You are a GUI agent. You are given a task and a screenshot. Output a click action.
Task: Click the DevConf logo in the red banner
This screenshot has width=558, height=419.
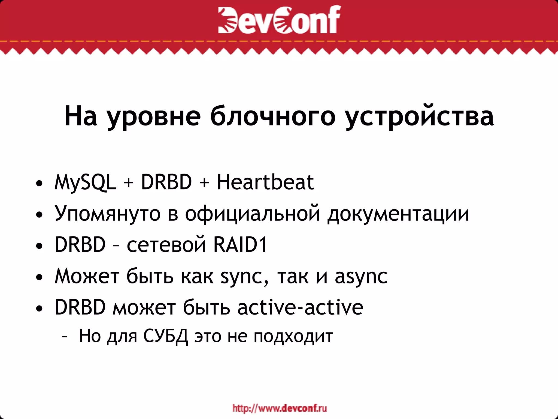pos(279,20)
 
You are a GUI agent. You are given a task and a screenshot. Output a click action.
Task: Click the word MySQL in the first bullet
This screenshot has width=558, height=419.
pos(85,182)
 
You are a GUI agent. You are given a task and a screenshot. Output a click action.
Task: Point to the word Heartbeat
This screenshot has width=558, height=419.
pos(265,182)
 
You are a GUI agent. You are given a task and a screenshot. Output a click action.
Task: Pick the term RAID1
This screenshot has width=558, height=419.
pos(240,244)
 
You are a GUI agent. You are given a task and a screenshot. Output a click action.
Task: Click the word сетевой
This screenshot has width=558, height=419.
pos(166,244)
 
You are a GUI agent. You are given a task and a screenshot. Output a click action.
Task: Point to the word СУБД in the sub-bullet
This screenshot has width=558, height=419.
pos(166,336)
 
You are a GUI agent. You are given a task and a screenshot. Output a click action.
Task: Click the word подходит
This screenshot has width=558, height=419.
pos(293,337)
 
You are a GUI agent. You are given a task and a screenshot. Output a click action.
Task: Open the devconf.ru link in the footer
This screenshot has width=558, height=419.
pos(280,408)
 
